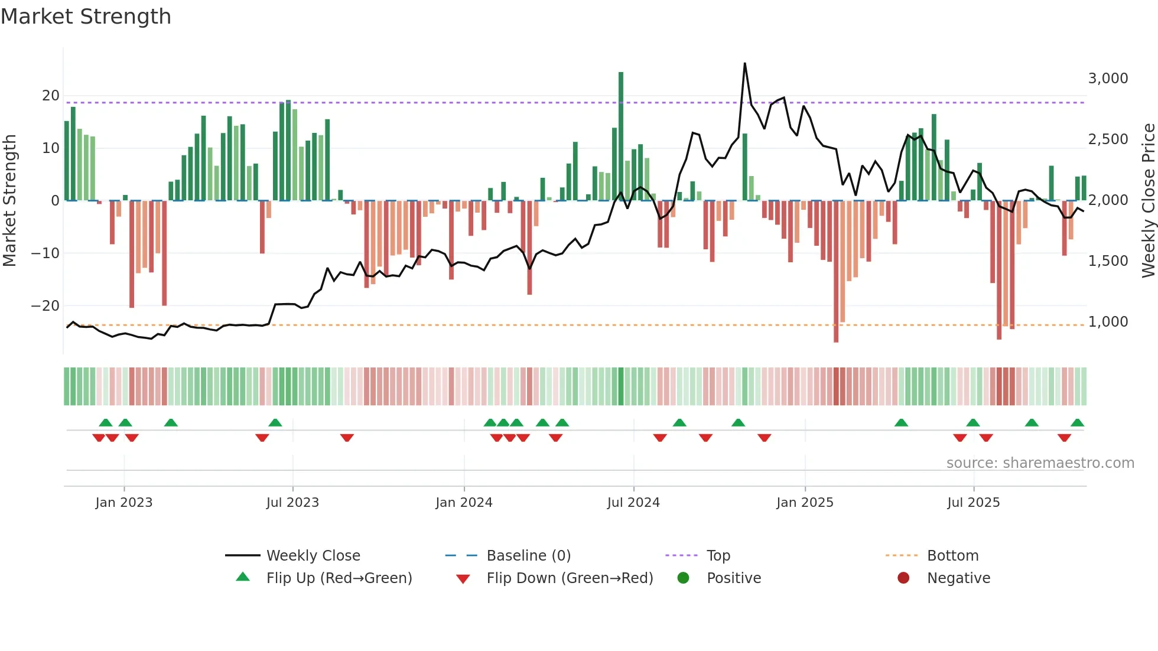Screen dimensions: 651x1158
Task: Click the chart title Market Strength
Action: (x=86, y=17)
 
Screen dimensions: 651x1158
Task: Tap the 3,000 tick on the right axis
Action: (x=1108, y=79)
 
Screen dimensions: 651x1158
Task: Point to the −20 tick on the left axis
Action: (x=45, y=306)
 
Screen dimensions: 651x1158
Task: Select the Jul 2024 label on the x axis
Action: (x=633, y=503)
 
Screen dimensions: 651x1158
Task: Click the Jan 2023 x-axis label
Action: (x=124, y=503)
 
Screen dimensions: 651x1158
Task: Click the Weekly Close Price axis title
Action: (x=1148, y=201)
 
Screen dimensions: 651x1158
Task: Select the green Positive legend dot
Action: (x=684, y=578)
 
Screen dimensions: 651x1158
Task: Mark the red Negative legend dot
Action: (x=903, y=578)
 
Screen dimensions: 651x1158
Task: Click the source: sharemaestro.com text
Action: (x=1040, y=463)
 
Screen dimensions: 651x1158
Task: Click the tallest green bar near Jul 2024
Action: (x=621, y=136)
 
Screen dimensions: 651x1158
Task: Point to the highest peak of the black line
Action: (x=744, y=64)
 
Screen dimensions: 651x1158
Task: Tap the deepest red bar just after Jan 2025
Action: (x=836, y=272)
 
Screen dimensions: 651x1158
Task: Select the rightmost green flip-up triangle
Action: (x=1077, y=423)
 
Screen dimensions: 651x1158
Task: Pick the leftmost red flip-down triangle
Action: (x=99, y=438)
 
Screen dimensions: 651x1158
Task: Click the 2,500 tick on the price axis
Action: (x=1108, y=139)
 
